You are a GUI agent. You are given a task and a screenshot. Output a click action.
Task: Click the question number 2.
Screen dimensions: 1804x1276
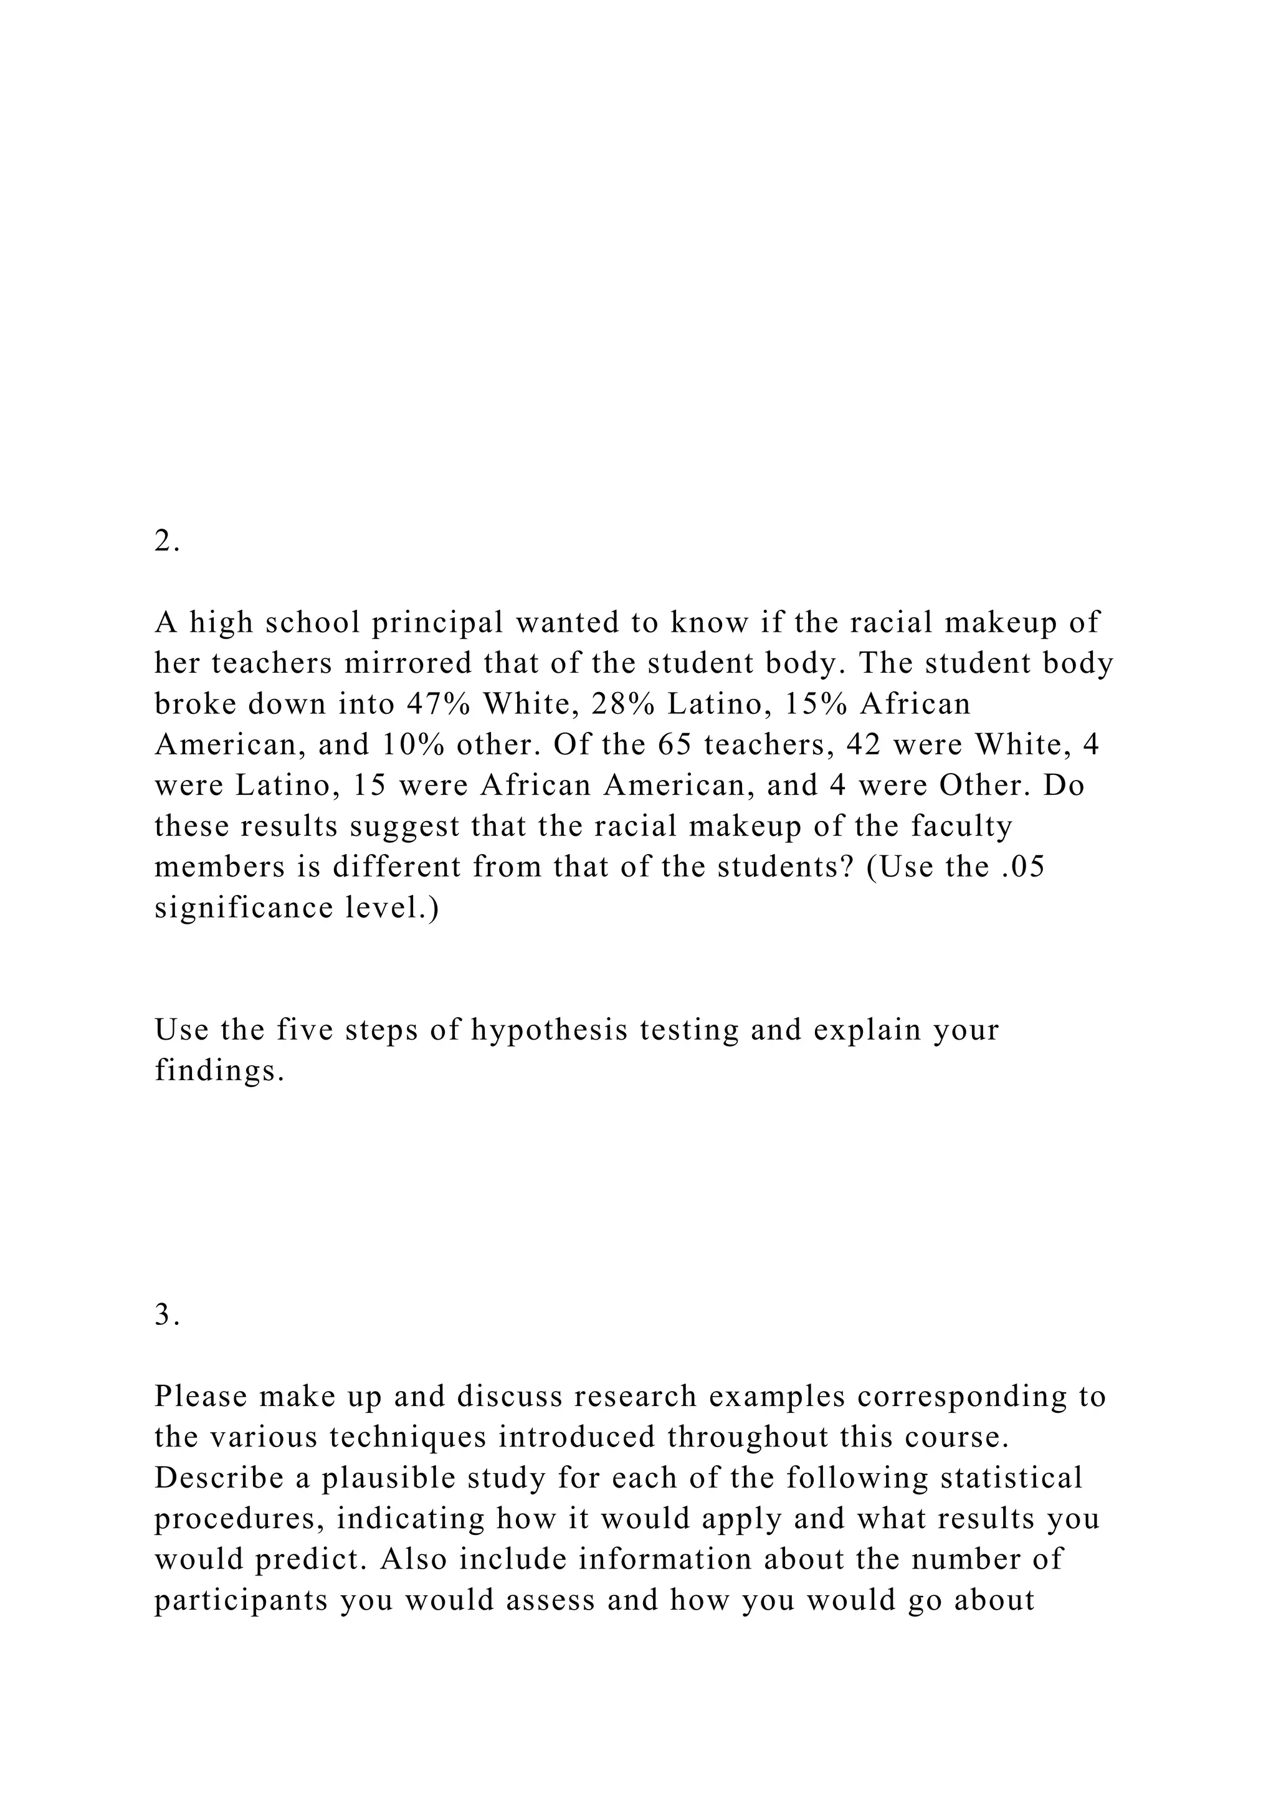pos(166,541)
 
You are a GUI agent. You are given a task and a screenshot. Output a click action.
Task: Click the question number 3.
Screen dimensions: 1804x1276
pos(166,1314)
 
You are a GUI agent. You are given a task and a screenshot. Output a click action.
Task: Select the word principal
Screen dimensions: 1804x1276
pos(437,623)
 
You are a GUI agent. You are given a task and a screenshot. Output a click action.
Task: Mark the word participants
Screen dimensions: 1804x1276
pos(240,1600)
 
